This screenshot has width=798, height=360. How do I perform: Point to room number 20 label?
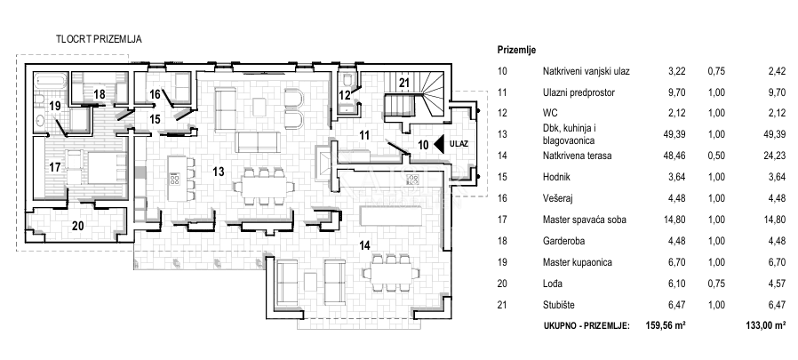point(77,226)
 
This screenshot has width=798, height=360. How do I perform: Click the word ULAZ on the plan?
point(460,143)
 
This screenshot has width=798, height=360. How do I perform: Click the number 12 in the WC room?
point(345,93)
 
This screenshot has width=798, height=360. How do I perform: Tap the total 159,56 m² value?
point(666,326)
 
